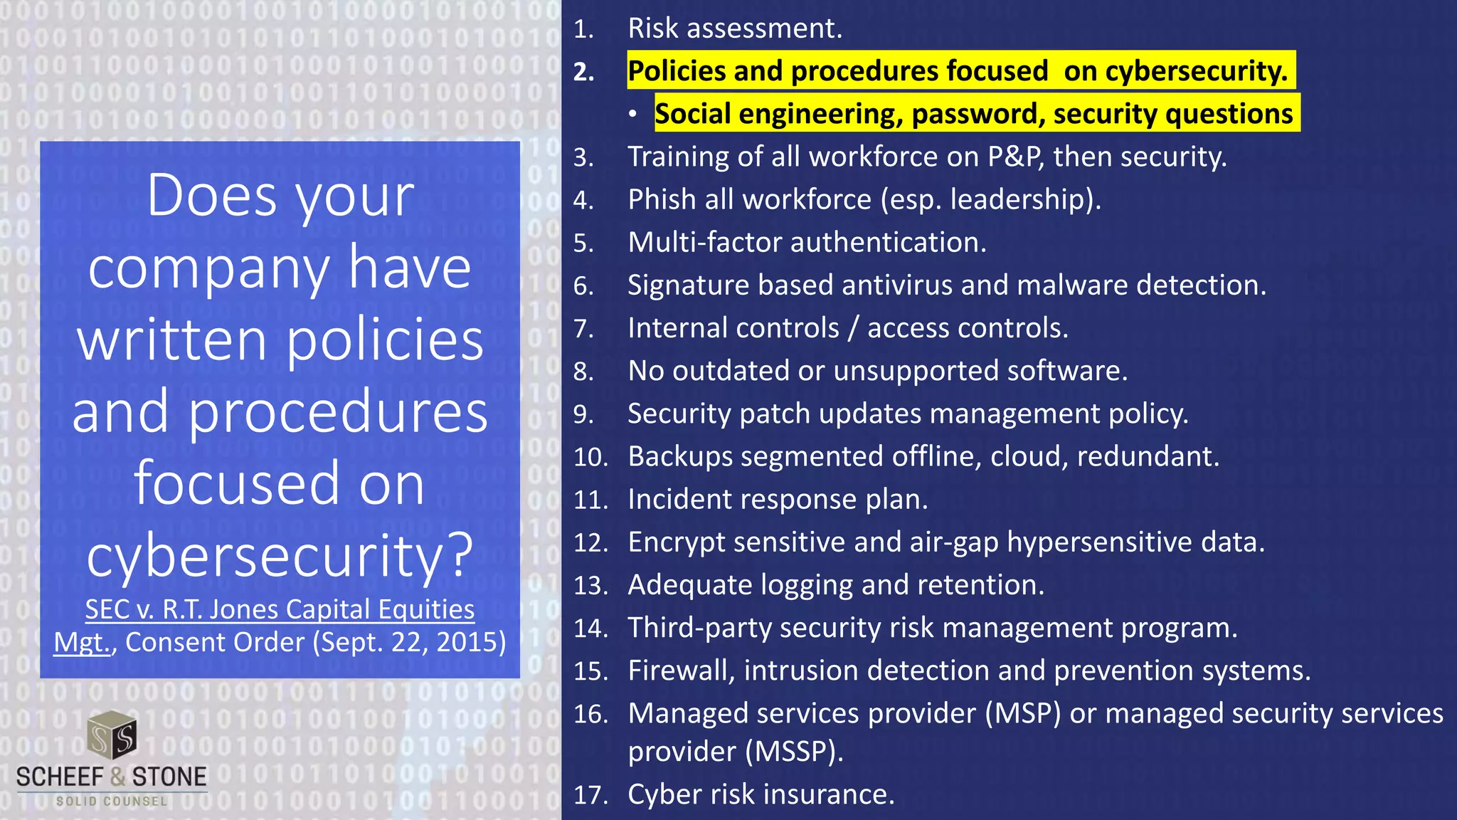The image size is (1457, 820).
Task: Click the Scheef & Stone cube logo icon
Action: coord(112,735)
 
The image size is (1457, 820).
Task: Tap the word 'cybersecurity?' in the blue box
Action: coord(280,556)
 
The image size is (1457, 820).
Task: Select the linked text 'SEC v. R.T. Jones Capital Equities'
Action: coord(280,609)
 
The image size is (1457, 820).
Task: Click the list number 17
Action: coord(590,795)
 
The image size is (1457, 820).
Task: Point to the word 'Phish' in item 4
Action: coord(662,199)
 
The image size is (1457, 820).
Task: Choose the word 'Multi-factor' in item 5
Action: coord(704,243)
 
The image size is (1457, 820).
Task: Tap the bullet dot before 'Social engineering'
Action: coord(632,115)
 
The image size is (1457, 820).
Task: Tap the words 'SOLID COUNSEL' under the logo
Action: coord(112,801)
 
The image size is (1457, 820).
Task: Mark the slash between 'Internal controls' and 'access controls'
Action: coord(853,328)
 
